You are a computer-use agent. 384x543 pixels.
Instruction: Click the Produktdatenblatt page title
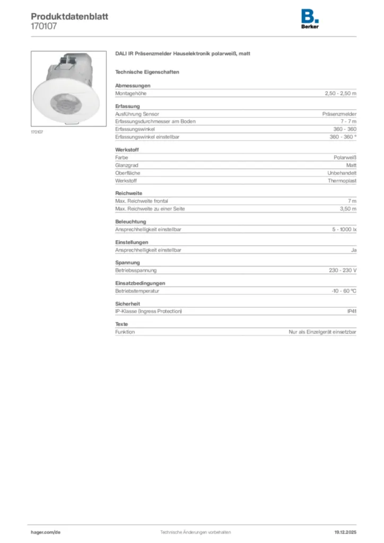[x=69, y=16]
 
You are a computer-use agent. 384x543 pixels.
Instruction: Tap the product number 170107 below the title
[x=44, y=25]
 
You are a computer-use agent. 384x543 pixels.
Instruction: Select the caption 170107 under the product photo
[x=37, y=132]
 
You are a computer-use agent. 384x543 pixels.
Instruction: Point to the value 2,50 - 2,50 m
[x=341, y=93]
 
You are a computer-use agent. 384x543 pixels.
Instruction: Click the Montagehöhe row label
[x=130, y=93]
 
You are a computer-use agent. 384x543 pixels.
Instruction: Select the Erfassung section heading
[x=127, y=107]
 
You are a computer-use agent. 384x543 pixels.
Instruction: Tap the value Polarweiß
[x=345, y=157]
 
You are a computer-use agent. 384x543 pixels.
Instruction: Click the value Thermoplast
[x=342, y=181]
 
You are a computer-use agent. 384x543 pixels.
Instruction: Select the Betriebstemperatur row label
[x=137, y=291]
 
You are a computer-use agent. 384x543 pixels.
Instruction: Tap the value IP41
[x=352, y=311]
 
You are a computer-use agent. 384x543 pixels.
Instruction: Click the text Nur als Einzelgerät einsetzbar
[x=326, y=331]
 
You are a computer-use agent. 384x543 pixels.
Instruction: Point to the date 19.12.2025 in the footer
[x=345, y=532]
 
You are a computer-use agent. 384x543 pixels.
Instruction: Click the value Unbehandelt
[x=342, y=173]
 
